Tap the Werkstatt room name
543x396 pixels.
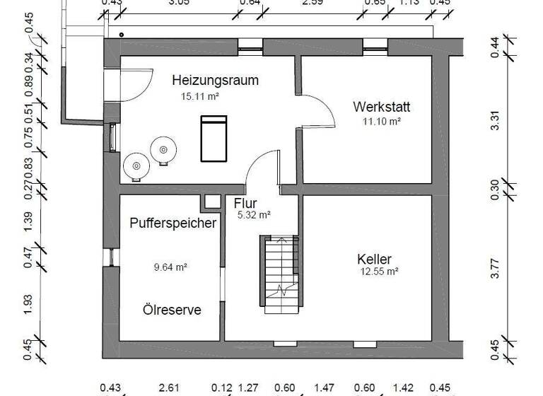tap(382, 107)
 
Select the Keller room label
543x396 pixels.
tap(375, 259)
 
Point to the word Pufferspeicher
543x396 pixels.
tap(173, 223)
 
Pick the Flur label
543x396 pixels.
tap(245, 204)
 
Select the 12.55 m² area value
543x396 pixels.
tap(378, 272)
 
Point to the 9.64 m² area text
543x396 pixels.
tap(170, 267)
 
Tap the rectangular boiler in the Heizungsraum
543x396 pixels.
tap(213, 139)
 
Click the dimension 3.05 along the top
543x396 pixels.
tap(179, 4)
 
